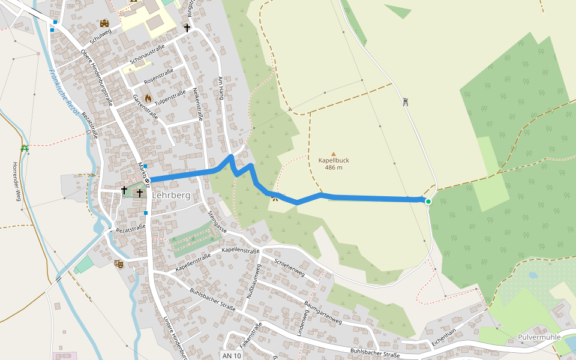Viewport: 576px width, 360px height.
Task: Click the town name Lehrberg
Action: click(x=172, y=196)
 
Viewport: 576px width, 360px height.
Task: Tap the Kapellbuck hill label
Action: click(x=334, y=160)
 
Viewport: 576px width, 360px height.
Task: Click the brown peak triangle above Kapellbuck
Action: click(x=334, y=154)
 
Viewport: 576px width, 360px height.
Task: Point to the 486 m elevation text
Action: click(x=334, y=167)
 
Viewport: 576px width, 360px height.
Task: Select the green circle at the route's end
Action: click(x=428, y=202)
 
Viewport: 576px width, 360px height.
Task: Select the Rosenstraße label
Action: click(x=158, y=76)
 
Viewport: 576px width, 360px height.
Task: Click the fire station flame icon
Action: click(x=148, y=98)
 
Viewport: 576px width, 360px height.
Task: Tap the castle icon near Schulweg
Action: click(x=105, y=23)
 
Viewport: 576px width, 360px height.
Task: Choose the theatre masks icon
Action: click(x=119, y=263)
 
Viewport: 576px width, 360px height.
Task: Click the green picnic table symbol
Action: click(x=25, y=148)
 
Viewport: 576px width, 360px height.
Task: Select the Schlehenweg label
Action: click(x=289, y=268)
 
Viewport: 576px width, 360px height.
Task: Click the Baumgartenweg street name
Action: click(x=322, y=313)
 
